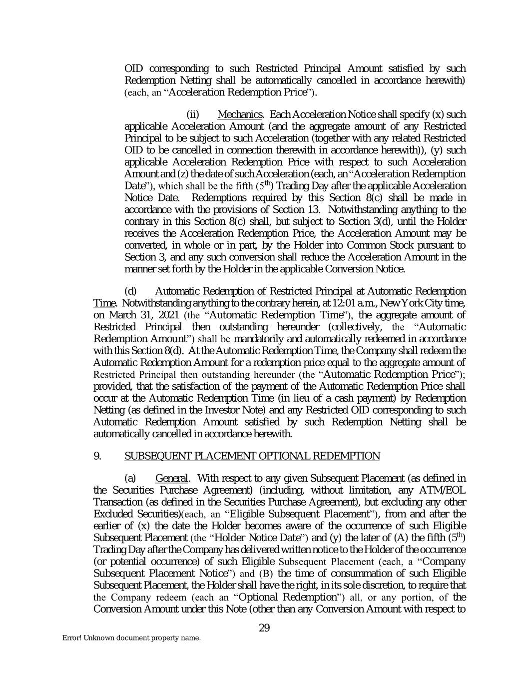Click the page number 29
264,628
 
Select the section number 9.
97,456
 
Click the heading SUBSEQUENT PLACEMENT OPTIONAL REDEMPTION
252,456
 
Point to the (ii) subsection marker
192,115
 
